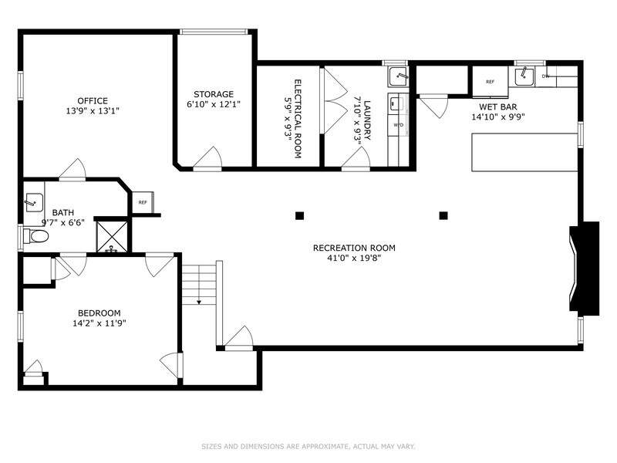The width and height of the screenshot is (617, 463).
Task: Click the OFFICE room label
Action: tap(93, 101)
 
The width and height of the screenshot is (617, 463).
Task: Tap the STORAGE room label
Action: tap(214, 94)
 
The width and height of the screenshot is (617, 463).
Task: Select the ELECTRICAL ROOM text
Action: tap(298, 119)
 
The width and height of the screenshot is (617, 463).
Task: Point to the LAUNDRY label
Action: tap(367, 120)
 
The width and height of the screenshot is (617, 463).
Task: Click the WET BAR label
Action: tap(498, 106)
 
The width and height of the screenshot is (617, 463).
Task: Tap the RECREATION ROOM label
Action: tap(354, 248)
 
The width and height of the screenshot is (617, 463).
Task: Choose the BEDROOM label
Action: tap(99, 313)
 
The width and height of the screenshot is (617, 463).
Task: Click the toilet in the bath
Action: tap(35, 236)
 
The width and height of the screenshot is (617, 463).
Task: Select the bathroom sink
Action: tap(34, 202)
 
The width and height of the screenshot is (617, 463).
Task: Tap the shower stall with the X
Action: tap(112, 237)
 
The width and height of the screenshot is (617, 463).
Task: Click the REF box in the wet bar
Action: tap(490, 82)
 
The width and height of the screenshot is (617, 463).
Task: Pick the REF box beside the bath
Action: tap(143, 202)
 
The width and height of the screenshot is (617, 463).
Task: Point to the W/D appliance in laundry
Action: tap(398, 125)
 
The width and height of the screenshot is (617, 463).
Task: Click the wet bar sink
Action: tap(524, 76)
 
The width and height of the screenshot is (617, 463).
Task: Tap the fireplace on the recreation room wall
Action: tap(585, 269)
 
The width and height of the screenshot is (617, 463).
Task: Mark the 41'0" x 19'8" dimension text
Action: tap(354, 259)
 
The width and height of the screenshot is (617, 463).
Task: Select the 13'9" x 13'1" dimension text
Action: tap(93, 111)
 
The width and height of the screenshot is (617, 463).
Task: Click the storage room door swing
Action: tap(207, 157)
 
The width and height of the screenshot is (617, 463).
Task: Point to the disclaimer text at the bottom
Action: tap(308, 447)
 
